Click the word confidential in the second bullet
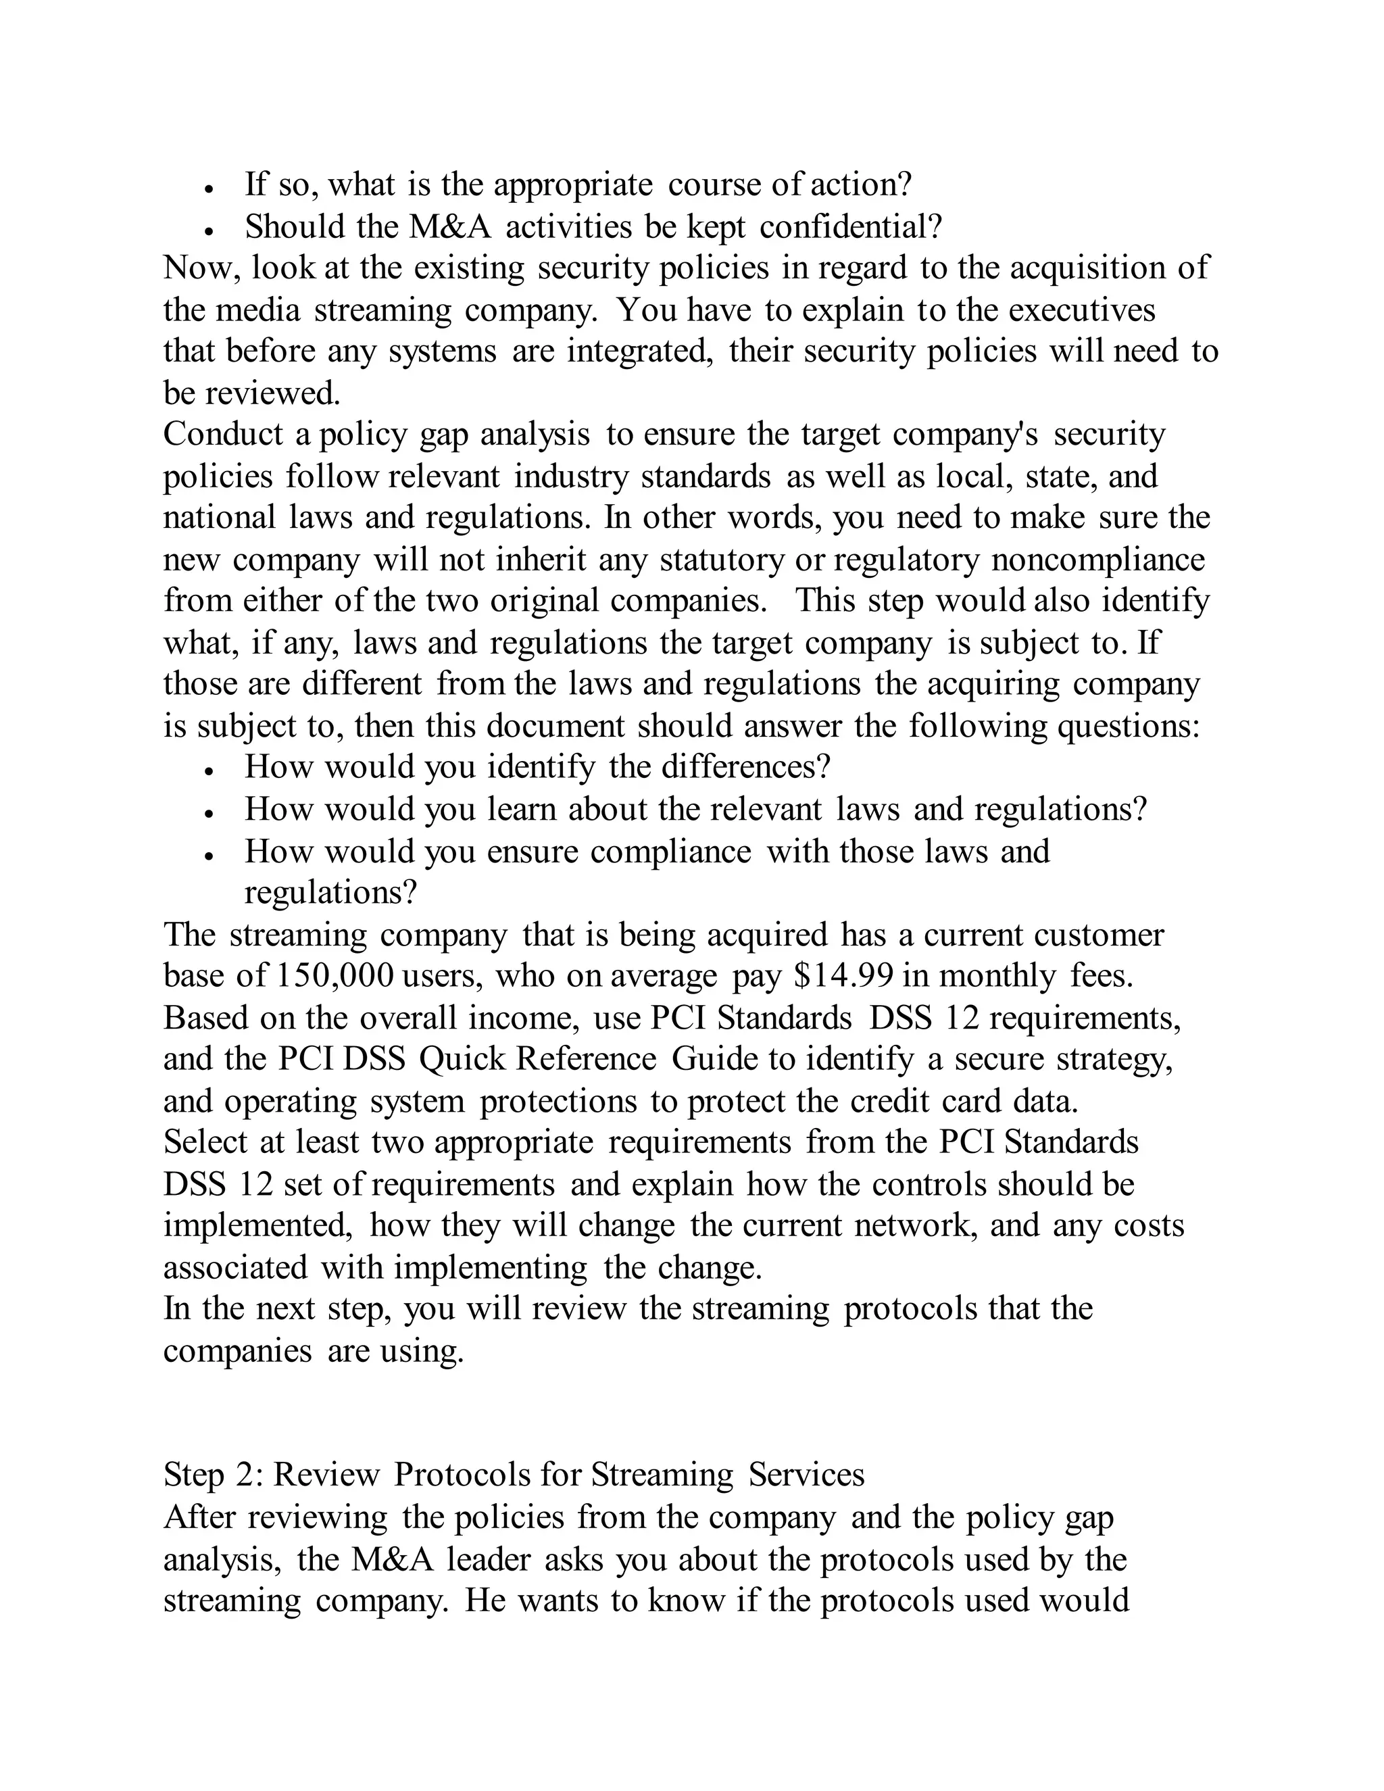pyautogui.click(x=850, y=226)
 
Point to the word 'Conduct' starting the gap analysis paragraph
pyautogui.click(x=223, y=434)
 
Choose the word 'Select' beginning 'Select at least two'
pyautogui.click(x=205, y=1142)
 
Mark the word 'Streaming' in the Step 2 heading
pyautogui.click(x=662, y=1475)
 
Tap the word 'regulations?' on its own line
pyautogui.click(x=330, y=892)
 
